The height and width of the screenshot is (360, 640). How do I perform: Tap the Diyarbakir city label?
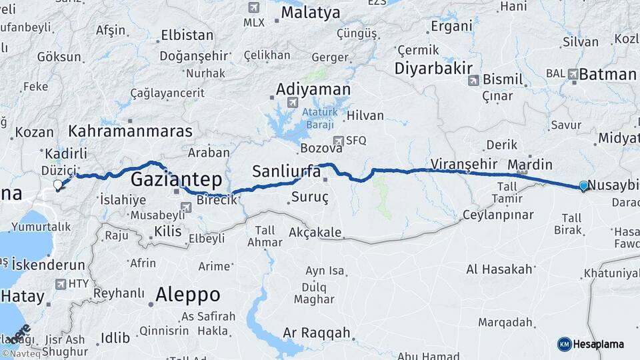[x=433, y=68]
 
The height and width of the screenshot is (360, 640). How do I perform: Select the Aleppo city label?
[x=187, y=294]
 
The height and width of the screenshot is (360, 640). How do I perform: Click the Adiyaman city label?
[x=313, y=89]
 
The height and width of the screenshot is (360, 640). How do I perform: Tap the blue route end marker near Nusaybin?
[x=583, y=186]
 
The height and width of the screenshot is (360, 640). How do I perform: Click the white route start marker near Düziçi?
[x=58, y=185]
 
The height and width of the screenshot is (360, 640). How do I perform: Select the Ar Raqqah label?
[x=316, y=333]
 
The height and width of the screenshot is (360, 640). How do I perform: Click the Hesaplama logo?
[x=591, y=344]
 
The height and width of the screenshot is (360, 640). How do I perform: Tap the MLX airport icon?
[x=253, y=7]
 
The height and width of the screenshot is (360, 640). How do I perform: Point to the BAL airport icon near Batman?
[x=573, y=74]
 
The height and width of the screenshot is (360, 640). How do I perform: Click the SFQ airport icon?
[x=339, y=141]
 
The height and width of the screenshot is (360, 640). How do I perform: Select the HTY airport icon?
[x=60, y=284]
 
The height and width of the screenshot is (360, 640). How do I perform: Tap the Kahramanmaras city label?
[x=130, y=131]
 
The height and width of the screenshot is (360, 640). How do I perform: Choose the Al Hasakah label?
[x=499, y=269]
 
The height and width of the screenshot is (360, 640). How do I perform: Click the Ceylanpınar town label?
[x=499, y=215]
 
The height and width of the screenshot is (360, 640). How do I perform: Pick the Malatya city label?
[x=310, y=13]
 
